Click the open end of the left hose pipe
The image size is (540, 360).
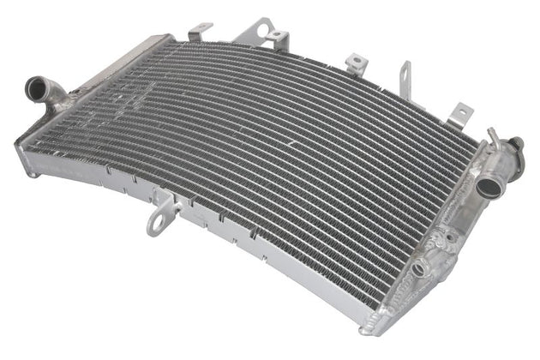click(x=36, y=87)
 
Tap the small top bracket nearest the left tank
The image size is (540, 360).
click(x=199, y=32)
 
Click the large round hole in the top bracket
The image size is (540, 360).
click(x=277, y=36)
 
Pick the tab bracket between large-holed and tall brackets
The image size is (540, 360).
click(x=355, y=62)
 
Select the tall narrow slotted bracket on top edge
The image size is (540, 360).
click(x=405, y=78)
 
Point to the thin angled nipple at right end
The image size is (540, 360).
click(x=493, y=136)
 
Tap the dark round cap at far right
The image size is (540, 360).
click(x=518, y=145)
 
